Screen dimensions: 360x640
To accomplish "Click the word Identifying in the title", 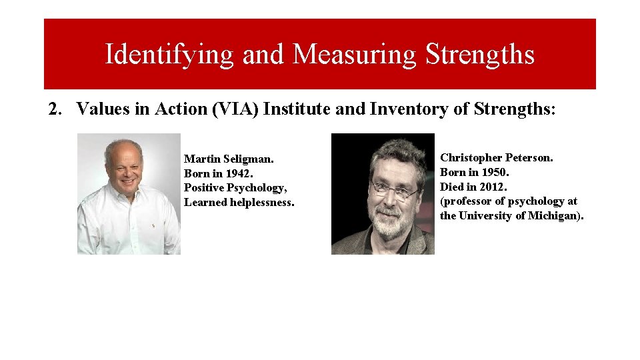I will [169, 55].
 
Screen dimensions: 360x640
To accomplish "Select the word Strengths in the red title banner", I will [480, 54].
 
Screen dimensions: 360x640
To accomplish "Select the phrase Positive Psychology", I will [235, 188].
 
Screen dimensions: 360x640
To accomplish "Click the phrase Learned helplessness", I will [239, 203].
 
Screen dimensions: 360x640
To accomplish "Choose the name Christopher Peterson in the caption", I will [496, 158].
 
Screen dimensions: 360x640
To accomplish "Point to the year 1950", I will [494, 173].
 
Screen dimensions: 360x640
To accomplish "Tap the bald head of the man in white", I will [123, 148].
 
